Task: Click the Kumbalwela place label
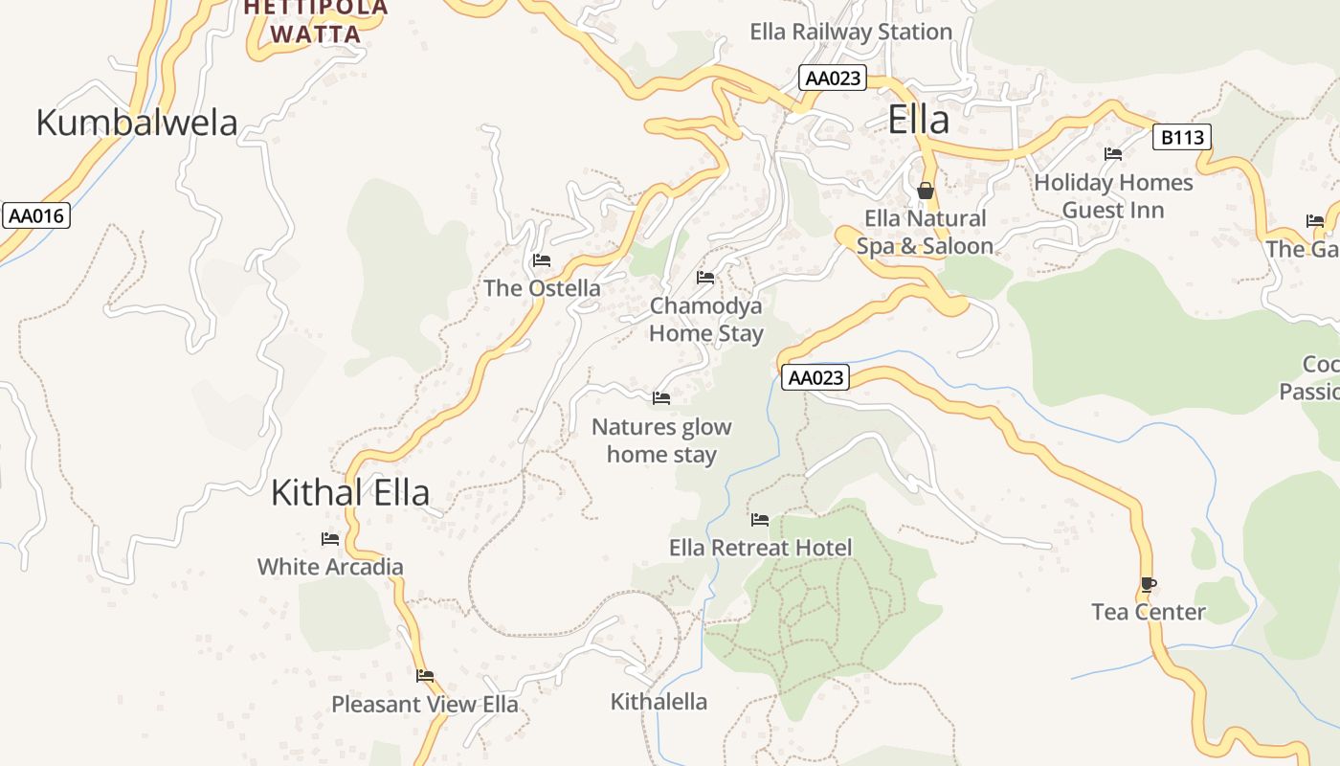[x=137, y=123]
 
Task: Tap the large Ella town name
[x=918, y=120]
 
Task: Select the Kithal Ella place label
[x=349, y=492]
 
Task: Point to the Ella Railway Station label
[x=850, y=32]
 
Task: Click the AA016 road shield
[x=36, y=215]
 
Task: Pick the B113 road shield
[x=1181, y=138]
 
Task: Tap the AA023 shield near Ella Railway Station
[x=833, y=79]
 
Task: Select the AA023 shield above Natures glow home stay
[x=815, y=378]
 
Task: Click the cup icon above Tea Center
[x=1149, y=584]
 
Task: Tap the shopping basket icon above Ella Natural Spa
[x=925, y=191]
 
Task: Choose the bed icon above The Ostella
[x=542, y=260]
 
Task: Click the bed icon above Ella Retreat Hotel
[x=760, y=520]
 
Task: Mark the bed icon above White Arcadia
[x=330, y=539]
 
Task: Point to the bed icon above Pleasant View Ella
[x=425, y=676]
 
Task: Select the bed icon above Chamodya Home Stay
[x=705, y=278]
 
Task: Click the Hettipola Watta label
[x=316, y=22]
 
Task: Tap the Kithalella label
[x=659, y=702]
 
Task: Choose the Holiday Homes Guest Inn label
[x=1113, y=195]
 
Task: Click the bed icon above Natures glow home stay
[x=661, y=398]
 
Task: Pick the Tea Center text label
[x=1148, y=612]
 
